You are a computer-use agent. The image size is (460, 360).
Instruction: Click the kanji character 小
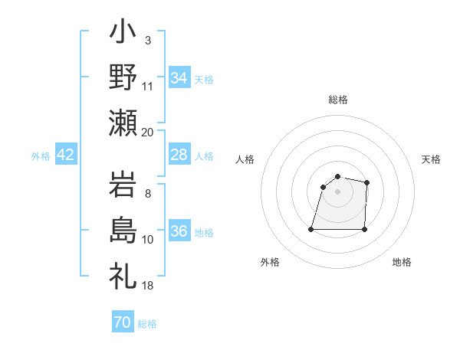[x=123, y=34]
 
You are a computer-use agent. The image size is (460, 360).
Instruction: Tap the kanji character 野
[x=123, y=78]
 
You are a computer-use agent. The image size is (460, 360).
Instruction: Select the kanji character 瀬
[x=123, y=123]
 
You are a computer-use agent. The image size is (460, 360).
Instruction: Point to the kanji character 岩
[x=123, y=186]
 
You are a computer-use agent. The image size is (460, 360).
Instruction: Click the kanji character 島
[x=123, y=231]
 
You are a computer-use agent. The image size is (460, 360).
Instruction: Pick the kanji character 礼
[x=123, y=274]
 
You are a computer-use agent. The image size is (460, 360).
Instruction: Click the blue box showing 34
[x=179, y=78]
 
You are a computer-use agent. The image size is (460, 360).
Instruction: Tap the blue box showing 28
[x=179, y=155]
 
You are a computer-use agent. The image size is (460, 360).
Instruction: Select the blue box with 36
[x=179, y=231]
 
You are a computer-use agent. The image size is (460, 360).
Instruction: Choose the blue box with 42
[x=65, y=155]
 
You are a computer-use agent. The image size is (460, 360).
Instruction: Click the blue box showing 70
[x=122, y=322]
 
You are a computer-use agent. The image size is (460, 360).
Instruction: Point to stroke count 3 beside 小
[x=148, y=41]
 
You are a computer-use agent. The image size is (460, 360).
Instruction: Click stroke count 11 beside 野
[x=148, y=85]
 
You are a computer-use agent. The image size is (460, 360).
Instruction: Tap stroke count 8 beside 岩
[x=148, y=193]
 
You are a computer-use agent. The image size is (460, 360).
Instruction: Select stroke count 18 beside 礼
[x=148, y=285]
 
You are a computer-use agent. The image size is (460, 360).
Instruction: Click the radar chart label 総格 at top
[x=338, y=100]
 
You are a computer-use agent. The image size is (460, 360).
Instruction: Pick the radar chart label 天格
[x=432, y=159]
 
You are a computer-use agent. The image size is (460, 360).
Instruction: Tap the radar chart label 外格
[x=270, y=262]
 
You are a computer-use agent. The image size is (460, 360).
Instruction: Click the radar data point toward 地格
[x=364, y=229]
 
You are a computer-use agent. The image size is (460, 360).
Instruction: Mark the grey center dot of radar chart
[x=338, y=191]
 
